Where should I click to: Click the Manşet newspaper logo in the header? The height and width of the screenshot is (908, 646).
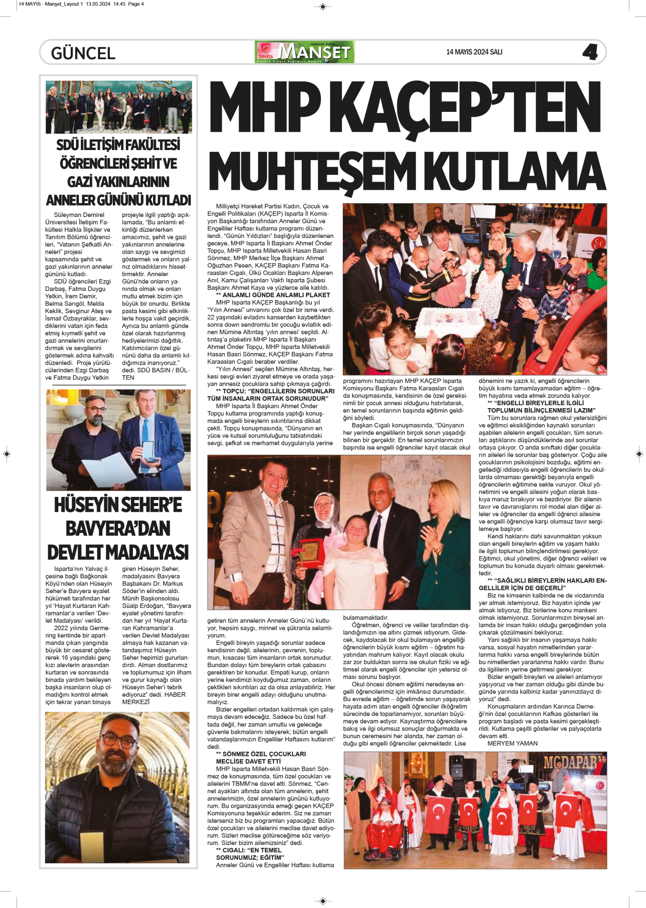pos(305,52)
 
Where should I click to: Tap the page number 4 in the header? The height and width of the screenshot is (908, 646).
pos(590,52)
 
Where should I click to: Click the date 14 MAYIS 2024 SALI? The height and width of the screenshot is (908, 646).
pos(474,52)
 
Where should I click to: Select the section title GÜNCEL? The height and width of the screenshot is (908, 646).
pos(83,53)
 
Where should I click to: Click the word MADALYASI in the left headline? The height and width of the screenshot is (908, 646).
pos(118,552)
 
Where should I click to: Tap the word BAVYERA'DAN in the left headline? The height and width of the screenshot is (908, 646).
pos(118,529)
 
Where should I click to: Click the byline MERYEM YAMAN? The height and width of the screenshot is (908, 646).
pos(512,743)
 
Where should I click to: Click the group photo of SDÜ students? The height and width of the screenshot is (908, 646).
pos(119,107)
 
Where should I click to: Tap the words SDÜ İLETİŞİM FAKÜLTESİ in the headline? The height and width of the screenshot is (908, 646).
pos(118,144)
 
